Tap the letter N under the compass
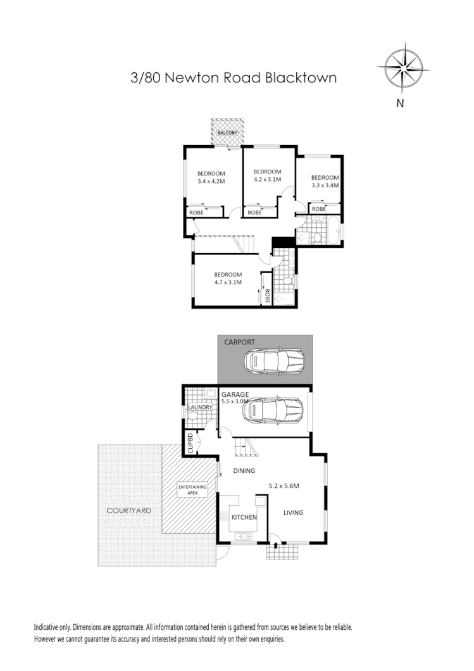click(x=399, y=103)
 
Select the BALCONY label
click(x=228, y=134)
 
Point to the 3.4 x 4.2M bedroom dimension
click(x=211, y=182)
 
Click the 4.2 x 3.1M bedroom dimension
click(x=267, y=180)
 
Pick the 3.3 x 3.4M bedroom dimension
click(x=325, y=185)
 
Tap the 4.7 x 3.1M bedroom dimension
click(x=228, y=282)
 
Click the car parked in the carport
click(x=275, y=362)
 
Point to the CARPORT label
click(x=240, y=342)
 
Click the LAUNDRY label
click(x=200, y=407)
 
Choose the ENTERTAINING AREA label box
click(x=192, y=489)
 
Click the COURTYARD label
click(x=128, y=510)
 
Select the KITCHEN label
click(x=244, y=517)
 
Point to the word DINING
click(x=244, y=470)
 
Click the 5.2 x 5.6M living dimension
click(x=284, y=486)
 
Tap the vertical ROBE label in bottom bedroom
click(x=267, y=296)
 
